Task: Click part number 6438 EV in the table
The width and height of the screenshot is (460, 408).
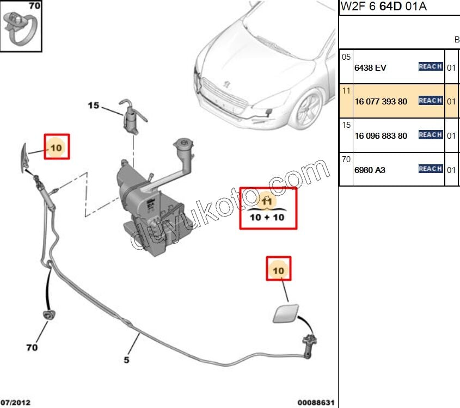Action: (371, 67)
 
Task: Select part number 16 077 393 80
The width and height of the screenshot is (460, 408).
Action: (381, 102)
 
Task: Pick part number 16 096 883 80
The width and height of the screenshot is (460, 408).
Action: (381, 136)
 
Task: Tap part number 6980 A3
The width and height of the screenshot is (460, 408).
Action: (370, 170)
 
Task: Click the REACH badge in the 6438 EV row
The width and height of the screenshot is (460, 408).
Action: (430, 67)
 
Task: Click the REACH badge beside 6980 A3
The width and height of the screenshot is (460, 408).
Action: (430, 169)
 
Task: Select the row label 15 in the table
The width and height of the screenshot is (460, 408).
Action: (346, 125)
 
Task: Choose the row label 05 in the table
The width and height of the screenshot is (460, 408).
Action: (346, 57)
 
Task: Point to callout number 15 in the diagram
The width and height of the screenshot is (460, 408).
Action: (94, 106)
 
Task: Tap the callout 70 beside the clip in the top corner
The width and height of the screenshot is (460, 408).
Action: (34, 7)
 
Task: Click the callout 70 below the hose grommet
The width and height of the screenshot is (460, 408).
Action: (32, 347)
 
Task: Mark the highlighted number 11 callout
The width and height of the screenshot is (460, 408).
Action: (267, 202)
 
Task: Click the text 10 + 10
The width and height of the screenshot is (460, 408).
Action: (267, 218)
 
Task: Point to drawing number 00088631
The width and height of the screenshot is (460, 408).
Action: (316, 403)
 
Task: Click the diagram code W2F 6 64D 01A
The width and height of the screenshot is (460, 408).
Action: (384, 7)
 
